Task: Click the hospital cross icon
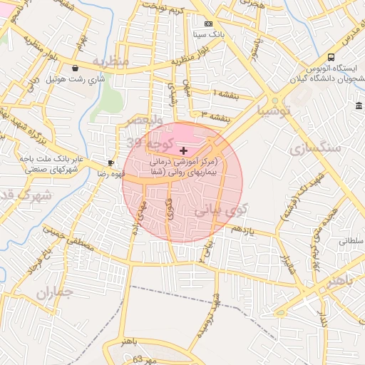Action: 184,151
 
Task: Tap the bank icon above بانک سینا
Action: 207,24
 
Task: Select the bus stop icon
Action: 331,57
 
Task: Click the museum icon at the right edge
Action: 359,106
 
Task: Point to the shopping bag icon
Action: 75,68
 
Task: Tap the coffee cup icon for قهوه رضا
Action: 110,163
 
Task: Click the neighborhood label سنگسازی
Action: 317,148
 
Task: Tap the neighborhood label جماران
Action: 54,292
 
